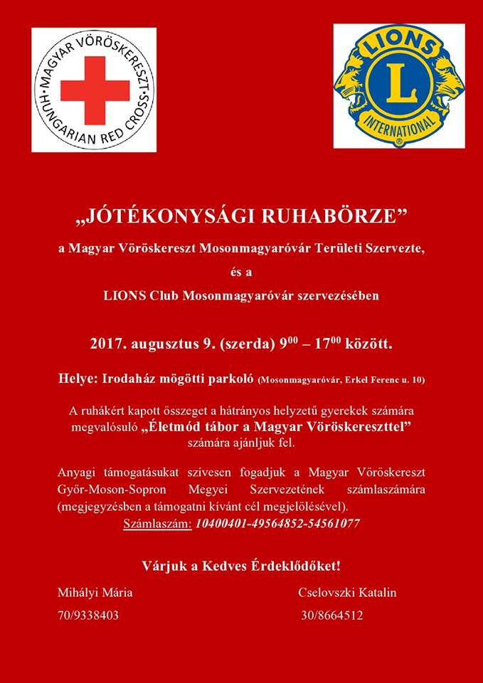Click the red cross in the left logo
(x=95, y=90)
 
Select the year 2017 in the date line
(x=106, y=344)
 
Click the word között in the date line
(x=368, y=344)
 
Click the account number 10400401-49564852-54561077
(x=277, y=524)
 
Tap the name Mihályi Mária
(x=95, y=593)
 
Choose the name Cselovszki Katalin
(x=347, y=593)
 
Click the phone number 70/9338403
(x=88, y=615)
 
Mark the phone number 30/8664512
(x=331, y=615)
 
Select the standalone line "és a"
(x=242, y=271)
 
